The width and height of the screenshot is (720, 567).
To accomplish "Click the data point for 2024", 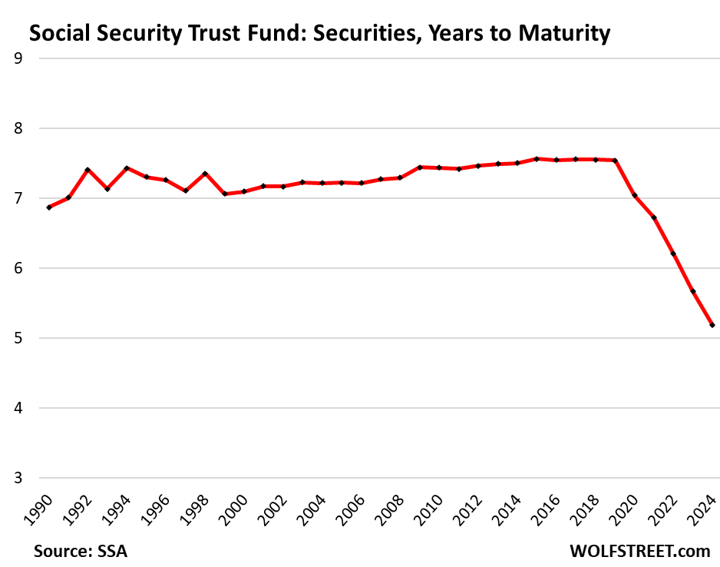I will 712,325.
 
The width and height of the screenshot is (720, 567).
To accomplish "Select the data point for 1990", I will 49,207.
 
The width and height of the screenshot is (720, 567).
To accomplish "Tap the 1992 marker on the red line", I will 88,170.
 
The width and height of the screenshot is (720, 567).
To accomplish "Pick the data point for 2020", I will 635,196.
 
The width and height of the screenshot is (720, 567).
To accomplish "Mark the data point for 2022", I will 673,254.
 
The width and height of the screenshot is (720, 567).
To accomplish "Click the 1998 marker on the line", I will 205,174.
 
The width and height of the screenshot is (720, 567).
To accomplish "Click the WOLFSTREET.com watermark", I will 640,551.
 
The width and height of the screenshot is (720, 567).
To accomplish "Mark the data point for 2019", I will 615,161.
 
